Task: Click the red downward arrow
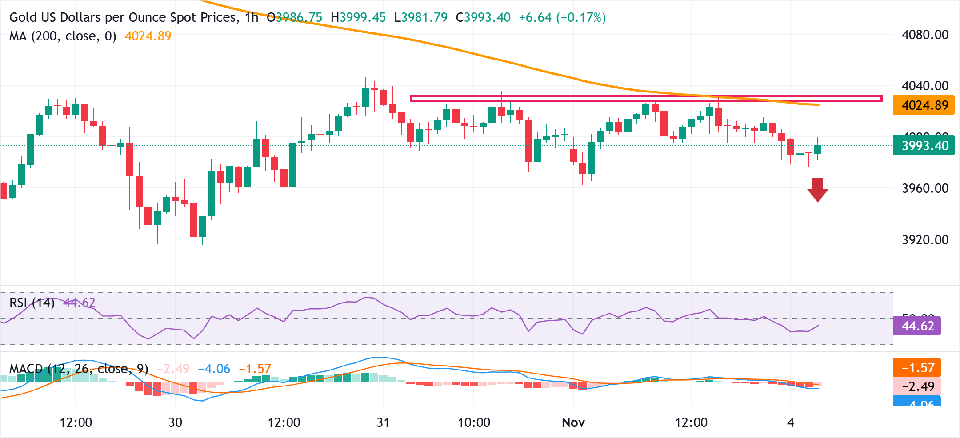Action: [817, 190]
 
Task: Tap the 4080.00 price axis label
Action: [925, 35]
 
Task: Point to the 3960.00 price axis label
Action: [925, 188]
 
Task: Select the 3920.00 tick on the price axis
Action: [925, 240]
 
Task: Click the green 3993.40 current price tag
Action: [924, 146]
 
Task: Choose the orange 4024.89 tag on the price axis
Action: [924, 105]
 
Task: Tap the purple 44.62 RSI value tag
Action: [917, 326]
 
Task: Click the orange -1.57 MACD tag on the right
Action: [917, 368]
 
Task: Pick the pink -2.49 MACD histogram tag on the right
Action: [917, 386]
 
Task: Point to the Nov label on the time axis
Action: [573, 422]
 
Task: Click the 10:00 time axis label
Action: [474, 422]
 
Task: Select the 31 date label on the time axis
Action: [383, 422]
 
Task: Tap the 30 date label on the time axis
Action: [175, 422]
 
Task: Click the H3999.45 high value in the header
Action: [358, 17]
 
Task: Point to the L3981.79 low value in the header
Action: [421, 17]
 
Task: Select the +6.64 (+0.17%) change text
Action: [562, 17]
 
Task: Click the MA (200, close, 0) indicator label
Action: [63, 36]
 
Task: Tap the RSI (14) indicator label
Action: [32, 303]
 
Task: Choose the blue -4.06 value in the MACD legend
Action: [214, 369]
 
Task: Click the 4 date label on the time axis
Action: [790, 422]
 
